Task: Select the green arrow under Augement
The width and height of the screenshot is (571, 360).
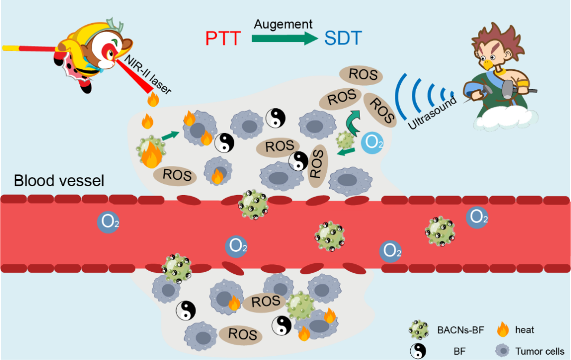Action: point(284,39)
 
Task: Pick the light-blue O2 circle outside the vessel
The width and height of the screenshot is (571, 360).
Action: point(372,143)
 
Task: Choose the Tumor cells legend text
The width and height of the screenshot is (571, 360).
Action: point(540,351)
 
